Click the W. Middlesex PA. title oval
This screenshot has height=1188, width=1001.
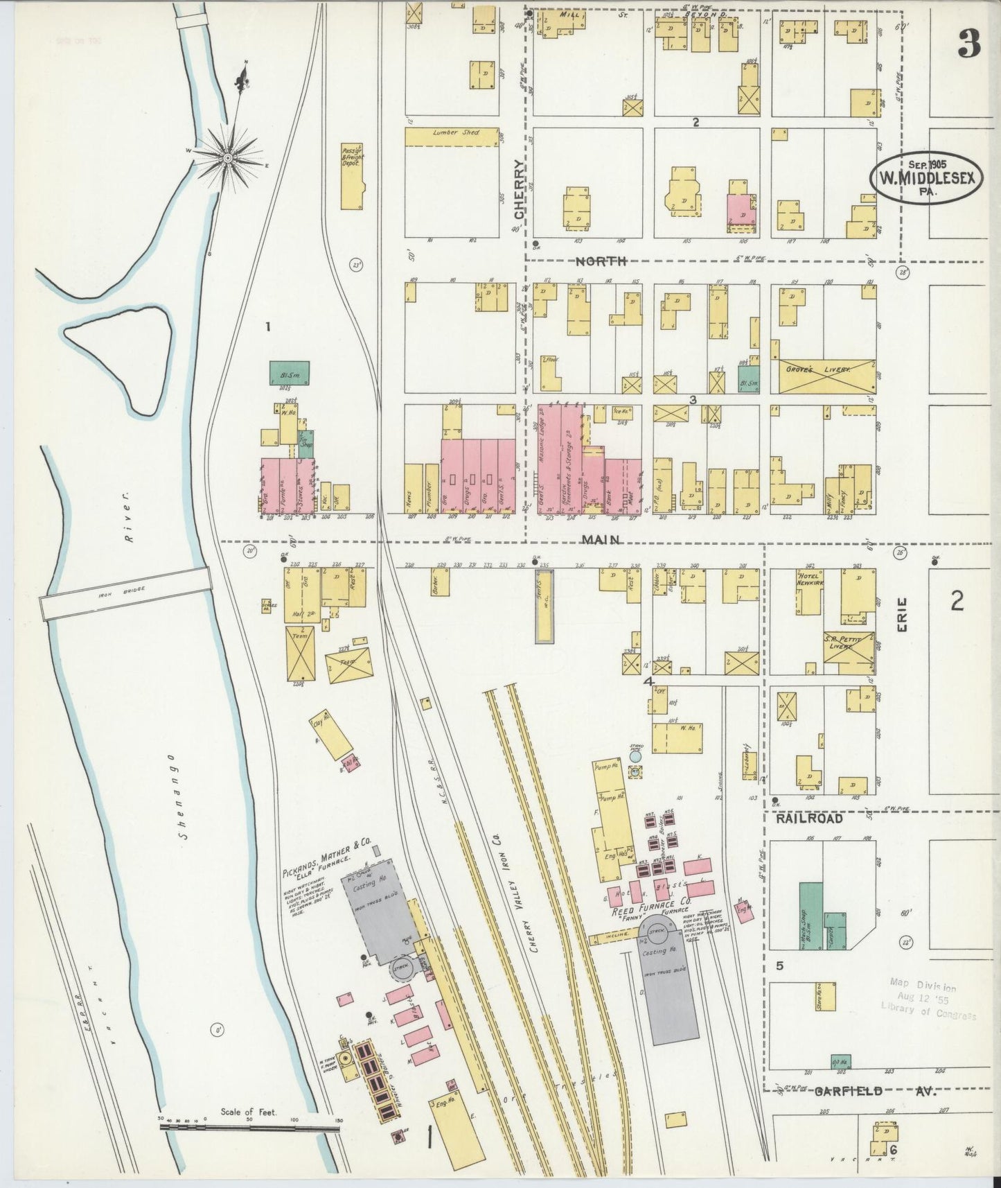(925, 177)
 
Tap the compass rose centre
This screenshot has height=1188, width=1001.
(227, 159)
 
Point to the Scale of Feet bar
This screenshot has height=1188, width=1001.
(249, 1128)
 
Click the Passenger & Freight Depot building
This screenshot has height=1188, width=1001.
(352, 176)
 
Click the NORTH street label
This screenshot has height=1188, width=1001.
(602, 261)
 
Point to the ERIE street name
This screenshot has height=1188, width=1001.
(903, 615)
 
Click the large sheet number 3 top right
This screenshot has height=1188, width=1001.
(968, 45)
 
